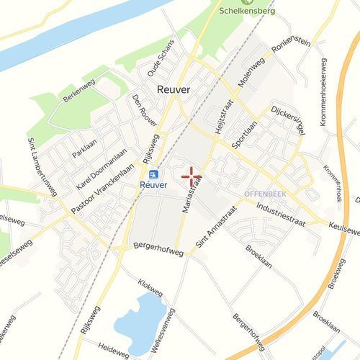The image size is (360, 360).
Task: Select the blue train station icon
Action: click(153, 174)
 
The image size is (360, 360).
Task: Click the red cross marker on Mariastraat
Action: click(192, 176)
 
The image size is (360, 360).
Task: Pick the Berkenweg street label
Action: click(78, 92)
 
